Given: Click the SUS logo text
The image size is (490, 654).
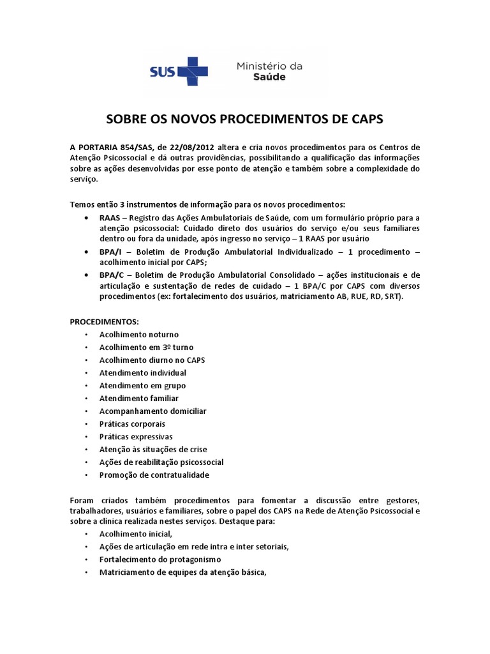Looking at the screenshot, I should pyautogui.click(x=163, y=70).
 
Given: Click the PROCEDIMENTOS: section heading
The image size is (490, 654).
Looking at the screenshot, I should pyautogui.click(x=104, y=321).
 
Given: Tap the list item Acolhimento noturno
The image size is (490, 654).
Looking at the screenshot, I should pyautogui.click(x=138, y=335).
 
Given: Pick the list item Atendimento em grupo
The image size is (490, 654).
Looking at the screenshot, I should pyautogui.click(x=142, y=386).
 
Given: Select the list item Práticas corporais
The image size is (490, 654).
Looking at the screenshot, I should pyautogui.click(x=132, y=424).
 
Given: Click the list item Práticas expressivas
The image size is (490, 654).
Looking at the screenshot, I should pyautogui.click(x=135, y=437).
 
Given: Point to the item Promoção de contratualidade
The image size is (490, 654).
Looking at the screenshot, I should pyautogui.click(x=154, y=475).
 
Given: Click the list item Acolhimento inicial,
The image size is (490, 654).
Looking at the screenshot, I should pyautogui.click(x=136, y=534).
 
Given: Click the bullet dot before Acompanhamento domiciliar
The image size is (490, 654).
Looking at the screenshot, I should pyautogui.click(x=85, y=411).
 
